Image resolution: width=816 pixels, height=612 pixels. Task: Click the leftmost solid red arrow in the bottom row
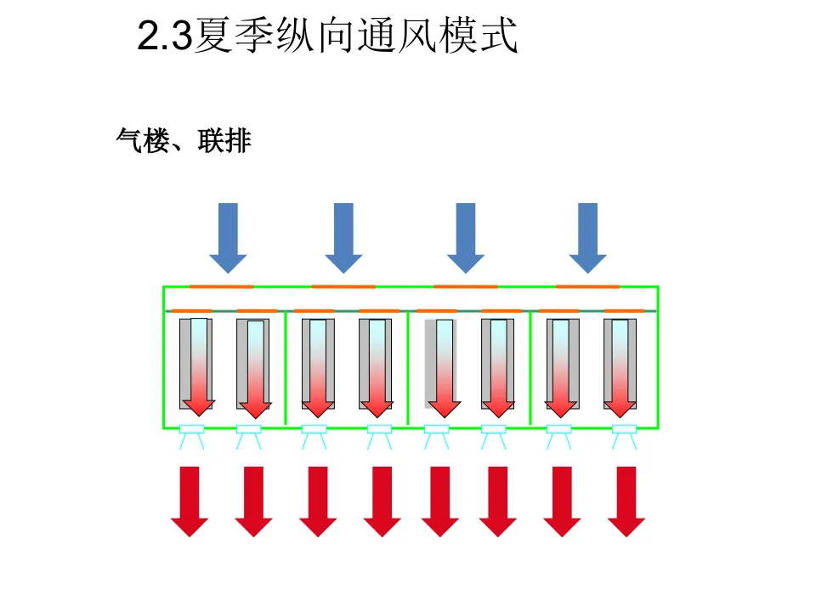[190, 501]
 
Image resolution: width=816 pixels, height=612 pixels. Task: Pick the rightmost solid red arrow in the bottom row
[626, 501]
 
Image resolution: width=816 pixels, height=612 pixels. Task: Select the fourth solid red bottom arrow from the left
[382, 501]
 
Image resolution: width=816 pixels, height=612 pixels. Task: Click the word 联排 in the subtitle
[224, 140]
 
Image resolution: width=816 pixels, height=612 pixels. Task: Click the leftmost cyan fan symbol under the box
[191, 435]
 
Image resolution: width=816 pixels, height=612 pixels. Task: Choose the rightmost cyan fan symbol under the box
[624, 435]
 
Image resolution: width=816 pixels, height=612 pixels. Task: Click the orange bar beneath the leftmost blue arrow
[221, 286]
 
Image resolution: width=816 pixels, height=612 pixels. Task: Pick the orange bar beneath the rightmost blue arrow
[587, 286]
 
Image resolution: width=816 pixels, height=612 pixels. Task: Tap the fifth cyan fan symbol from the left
[436, 435]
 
